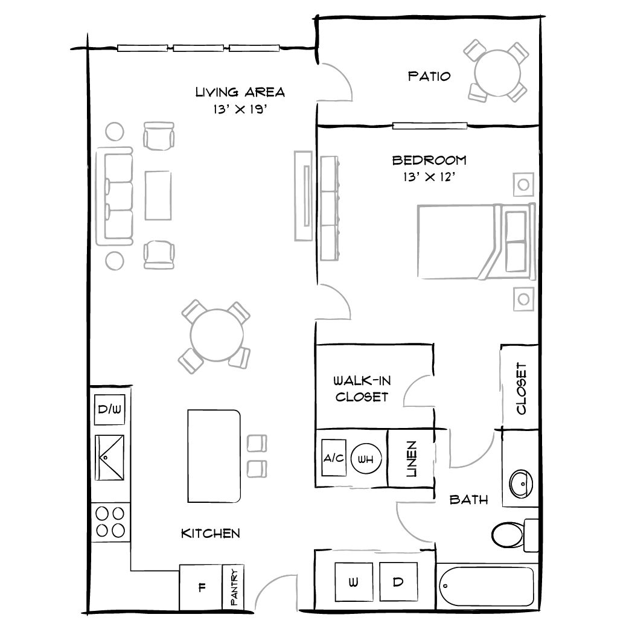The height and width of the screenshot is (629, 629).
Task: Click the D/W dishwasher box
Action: coord(110,410)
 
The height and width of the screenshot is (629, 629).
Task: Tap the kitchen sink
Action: coord(110,457)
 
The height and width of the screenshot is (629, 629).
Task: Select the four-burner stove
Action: coord(110,522)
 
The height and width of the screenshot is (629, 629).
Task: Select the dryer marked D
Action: coord(398,582)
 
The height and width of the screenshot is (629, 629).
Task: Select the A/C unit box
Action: coord(333,459)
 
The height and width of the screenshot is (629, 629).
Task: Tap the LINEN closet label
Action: coord(411,459)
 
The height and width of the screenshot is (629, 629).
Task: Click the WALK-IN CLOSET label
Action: coord(361,389)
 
